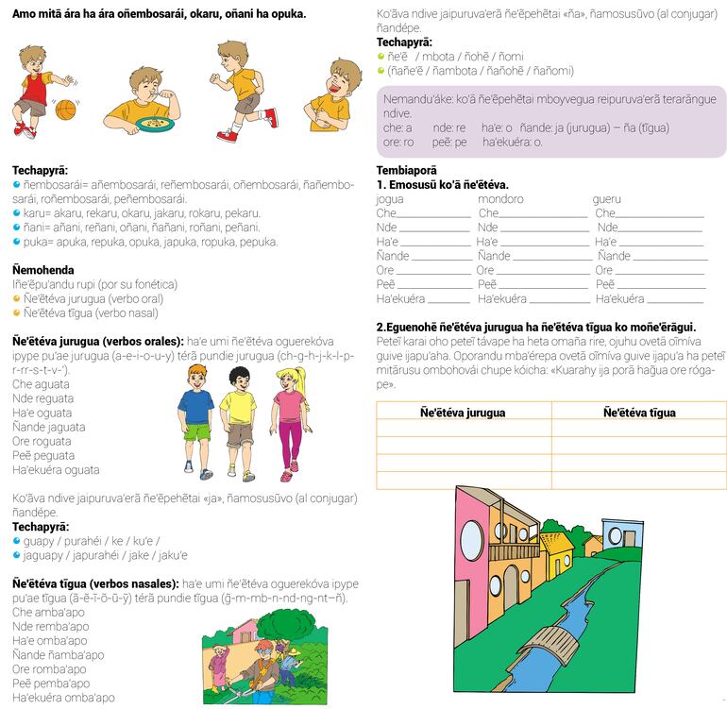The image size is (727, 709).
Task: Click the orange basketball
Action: (x=65, y=110)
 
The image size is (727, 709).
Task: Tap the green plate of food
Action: (x=150, y=123)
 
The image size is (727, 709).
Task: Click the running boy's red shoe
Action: (x=272, y=117)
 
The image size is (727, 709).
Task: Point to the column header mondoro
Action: (x=500, y=199)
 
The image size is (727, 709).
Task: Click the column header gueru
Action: (x=607, y=199)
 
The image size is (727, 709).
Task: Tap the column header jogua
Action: (x=390, y=199)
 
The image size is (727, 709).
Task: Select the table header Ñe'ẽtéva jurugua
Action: (x=463, y=413)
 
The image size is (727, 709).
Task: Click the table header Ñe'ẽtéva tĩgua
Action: (x=639, y=413)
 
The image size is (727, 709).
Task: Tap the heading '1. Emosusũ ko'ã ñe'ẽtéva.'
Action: (x=443, y=185)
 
